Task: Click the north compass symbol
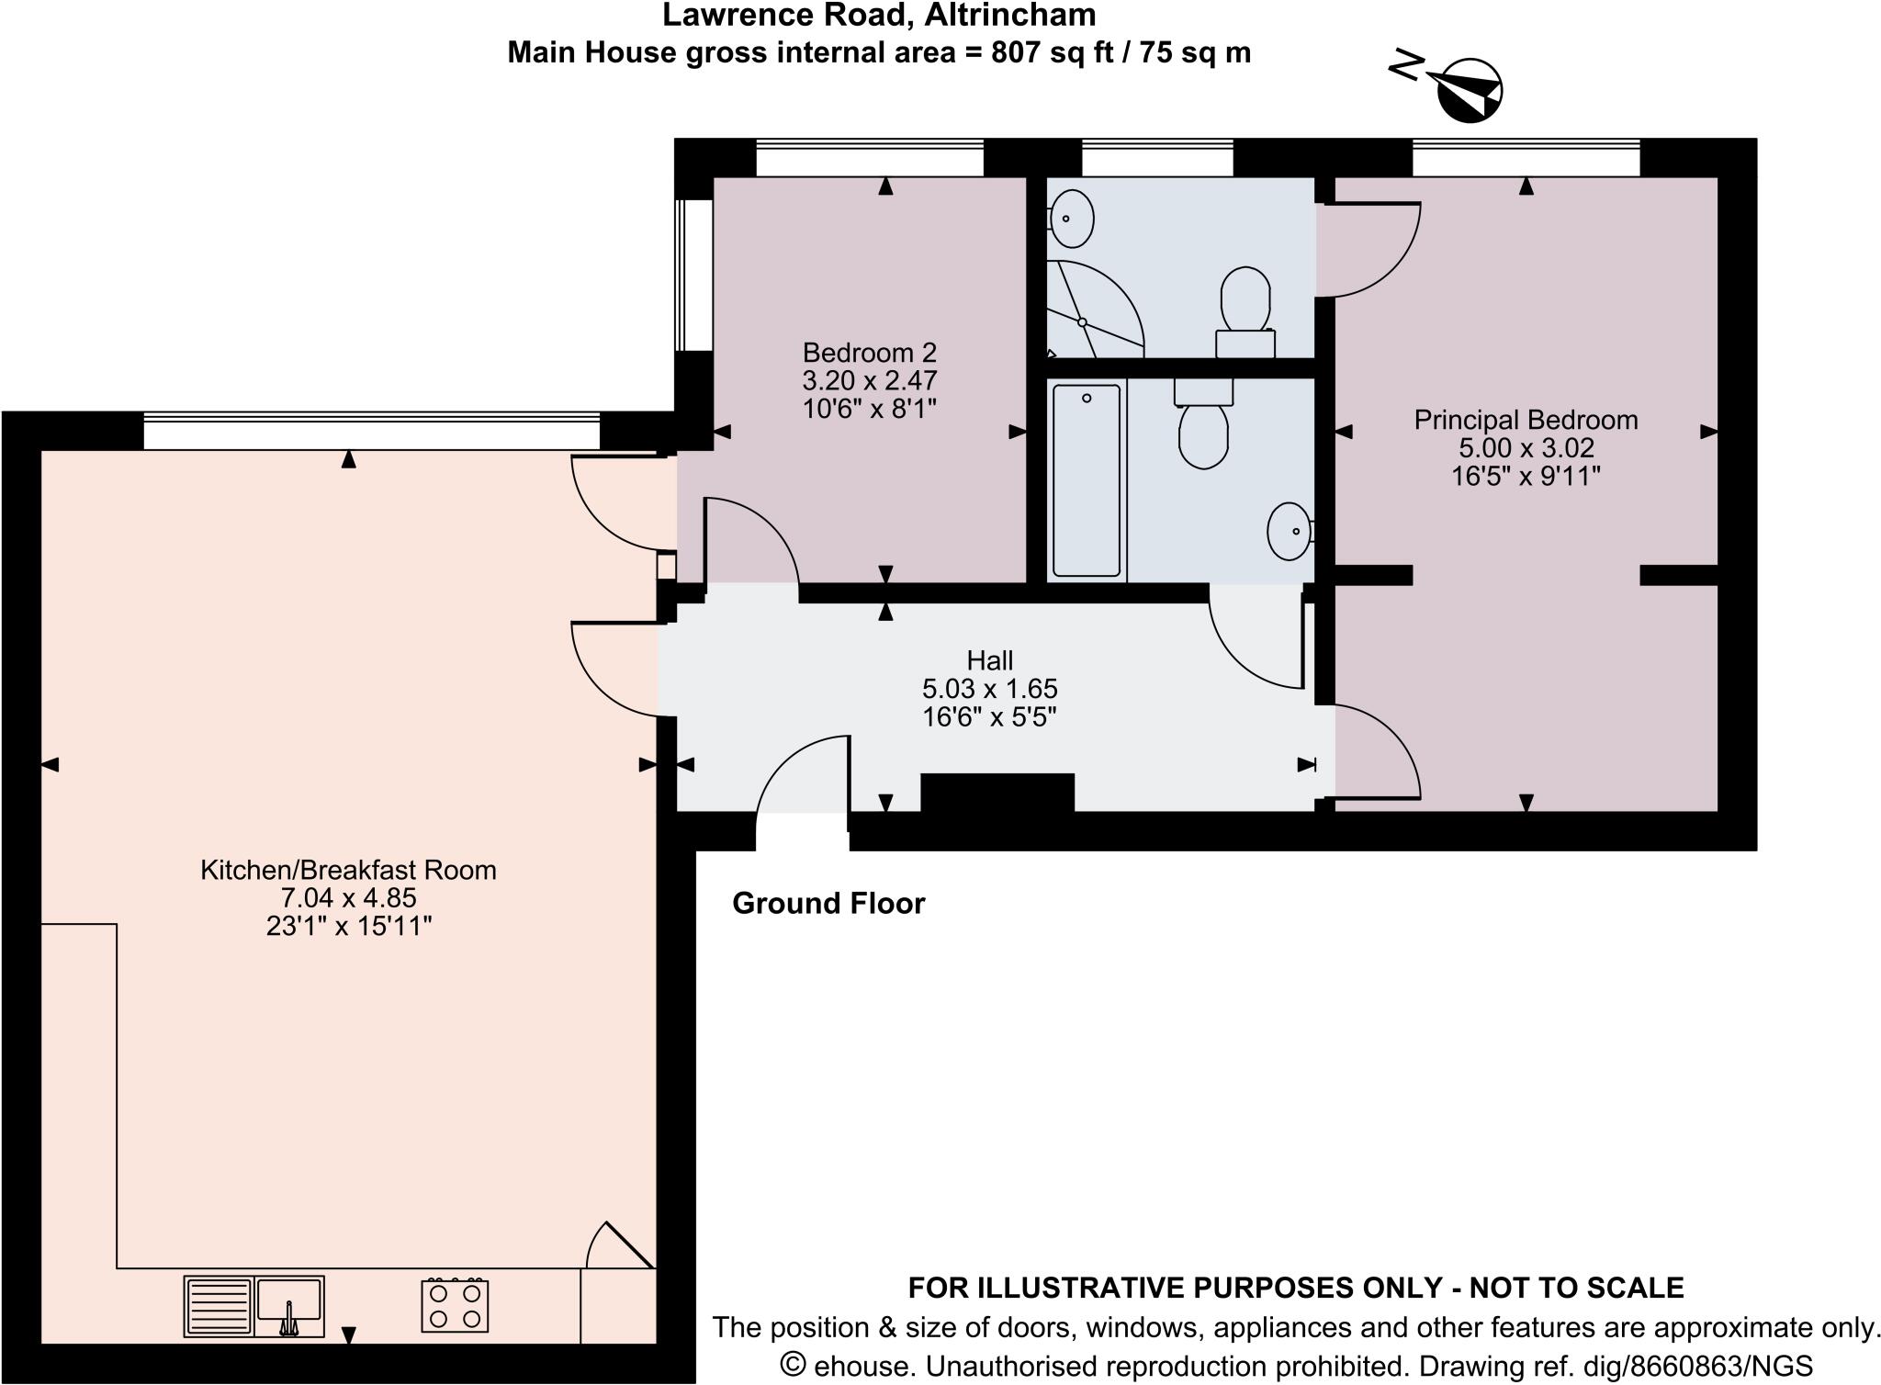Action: [x=1468, y=90]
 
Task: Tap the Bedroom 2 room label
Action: [x=869, y=353]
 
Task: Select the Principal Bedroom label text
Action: [x=1526, y=421]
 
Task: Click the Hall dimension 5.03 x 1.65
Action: [x=989, y=689]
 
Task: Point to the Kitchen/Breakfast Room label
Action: [x=348, y=870]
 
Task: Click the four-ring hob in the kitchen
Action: [x=455, y=1306]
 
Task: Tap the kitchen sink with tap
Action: [x=289, y=1306]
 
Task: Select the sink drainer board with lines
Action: [x=219, y=1306]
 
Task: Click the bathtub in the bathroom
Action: [x=1086, y=480]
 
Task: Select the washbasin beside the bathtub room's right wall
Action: [x=1290, y=531]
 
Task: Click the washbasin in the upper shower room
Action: [x=1071, y=219]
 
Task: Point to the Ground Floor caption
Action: [x=828, y=904]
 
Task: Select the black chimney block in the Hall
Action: [x=997, y=793]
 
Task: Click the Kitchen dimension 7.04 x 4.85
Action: [x=348, y=897]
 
